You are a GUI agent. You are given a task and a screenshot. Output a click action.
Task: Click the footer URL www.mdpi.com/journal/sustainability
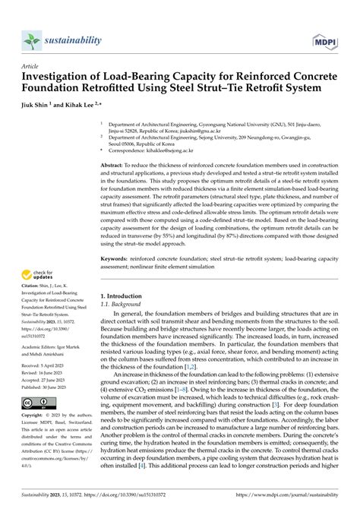[283, 498]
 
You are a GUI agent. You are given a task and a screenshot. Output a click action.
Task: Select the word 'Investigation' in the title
[58, 77]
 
